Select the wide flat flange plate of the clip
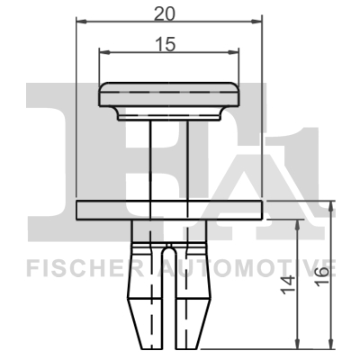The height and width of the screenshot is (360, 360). (x=168, y=210)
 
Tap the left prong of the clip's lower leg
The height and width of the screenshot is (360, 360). (x=144, y=297)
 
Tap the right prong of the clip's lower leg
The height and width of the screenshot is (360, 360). (x=193, y=297)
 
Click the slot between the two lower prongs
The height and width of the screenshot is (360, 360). (x=168, y=306)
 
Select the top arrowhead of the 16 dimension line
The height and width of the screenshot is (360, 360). (x=333, y=206)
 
